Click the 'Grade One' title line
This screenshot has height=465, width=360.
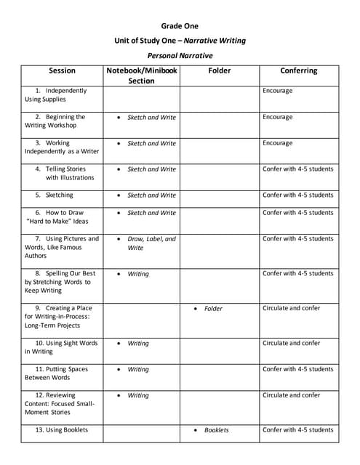point(180,26)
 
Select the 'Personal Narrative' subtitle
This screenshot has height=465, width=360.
point(180,54)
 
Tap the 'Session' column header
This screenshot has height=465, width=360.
point(62,71)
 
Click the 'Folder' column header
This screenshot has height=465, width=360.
point(219,71)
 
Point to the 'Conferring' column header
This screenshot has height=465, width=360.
point(298,71)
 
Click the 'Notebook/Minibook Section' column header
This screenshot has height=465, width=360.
point(141,76)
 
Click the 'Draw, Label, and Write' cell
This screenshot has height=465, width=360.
point(151,243)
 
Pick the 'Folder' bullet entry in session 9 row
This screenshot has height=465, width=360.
point(213,309)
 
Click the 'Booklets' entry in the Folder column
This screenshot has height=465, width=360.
point(216,430)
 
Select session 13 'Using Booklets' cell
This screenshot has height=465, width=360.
point(61,430)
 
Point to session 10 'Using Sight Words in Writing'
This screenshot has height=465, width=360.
point(61,347)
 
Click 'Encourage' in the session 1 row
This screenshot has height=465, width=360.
point(277,91)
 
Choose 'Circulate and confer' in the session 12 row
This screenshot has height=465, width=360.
point(291,395)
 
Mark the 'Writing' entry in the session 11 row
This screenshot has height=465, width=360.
point(137,370)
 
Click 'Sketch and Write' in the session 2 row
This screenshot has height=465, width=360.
point(151,118)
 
